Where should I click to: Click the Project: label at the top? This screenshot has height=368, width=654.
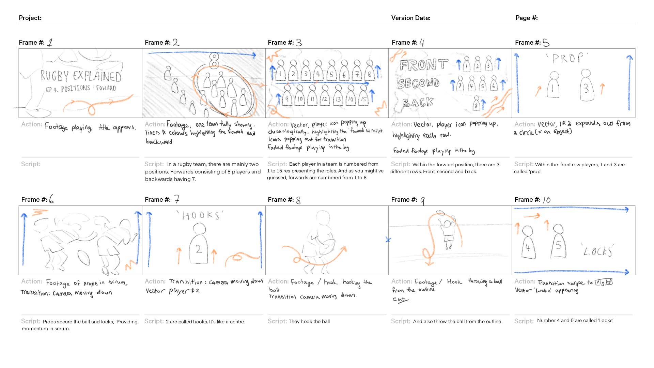tap(30, 18)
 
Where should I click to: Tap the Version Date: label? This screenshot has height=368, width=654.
tap(410, 18)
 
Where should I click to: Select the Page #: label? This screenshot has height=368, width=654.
tap(526, 18)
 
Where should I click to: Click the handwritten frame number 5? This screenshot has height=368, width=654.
tap(546, 43)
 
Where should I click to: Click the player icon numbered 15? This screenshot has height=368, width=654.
tap(364, 96)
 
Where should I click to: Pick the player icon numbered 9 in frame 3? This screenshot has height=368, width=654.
tap(287, 96)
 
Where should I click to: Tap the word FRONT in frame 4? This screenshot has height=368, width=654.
tap(423, 65)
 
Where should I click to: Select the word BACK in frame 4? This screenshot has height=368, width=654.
tap(418, 102)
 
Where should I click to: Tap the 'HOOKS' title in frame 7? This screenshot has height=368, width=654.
tap(201, 215)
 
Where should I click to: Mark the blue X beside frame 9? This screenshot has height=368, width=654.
tap(388, 240)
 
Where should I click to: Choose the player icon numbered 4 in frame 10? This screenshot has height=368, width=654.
tap(528, 244)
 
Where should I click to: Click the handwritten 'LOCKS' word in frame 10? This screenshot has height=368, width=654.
tap(598, 251)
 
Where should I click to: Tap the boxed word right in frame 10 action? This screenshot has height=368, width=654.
tap(604, 282)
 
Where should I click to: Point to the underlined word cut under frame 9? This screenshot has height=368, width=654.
tap(400, 299)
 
